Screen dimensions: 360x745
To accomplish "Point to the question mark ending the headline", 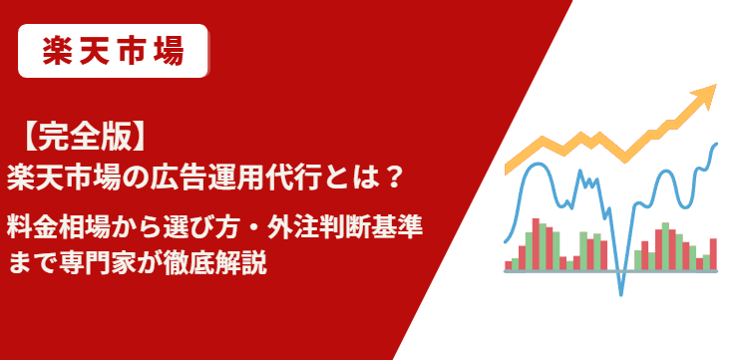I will [394, 176].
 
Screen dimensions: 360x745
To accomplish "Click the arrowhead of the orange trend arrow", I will [705, 96].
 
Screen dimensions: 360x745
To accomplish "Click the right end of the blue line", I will [716, 145].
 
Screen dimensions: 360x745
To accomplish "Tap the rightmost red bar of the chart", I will [713, 253].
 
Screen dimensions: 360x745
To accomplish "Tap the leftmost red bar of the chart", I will [509, 264].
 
